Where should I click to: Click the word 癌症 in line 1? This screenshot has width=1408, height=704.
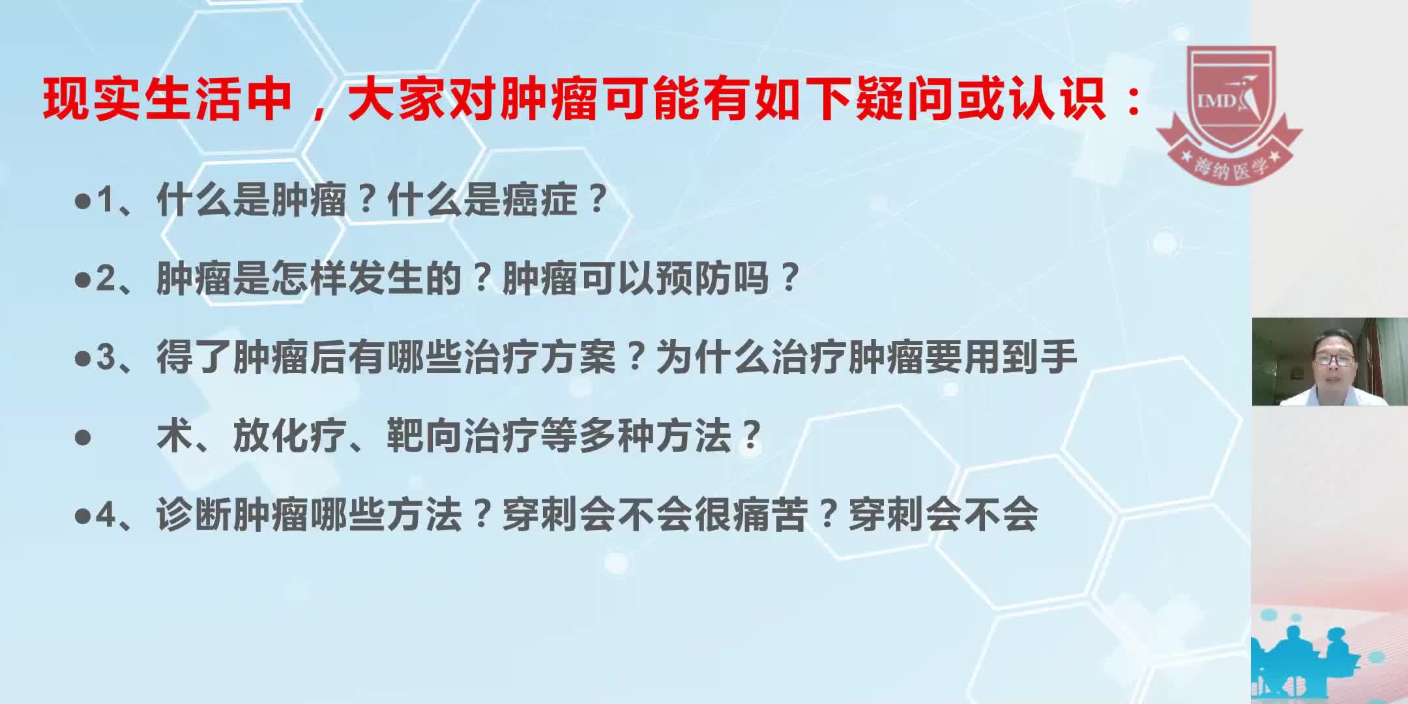click(539, 199)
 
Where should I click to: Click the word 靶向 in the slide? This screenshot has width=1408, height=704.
click(424, 436)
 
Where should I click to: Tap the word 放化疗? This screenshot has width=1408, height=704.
click(290, 436)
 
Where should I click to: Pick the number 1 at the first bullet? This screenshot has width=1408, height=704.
click(105, 200)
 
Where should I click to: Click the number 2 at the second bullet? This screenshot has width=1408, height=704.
click(105, 279)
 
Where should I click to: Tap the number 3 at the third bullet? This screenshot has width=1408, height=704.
click(105, 358)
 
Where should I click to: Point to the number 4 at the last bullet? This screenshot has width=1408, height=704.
click(105, 516)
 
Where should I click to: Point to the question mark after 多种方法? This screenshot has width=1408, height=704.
click(753, 436)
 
